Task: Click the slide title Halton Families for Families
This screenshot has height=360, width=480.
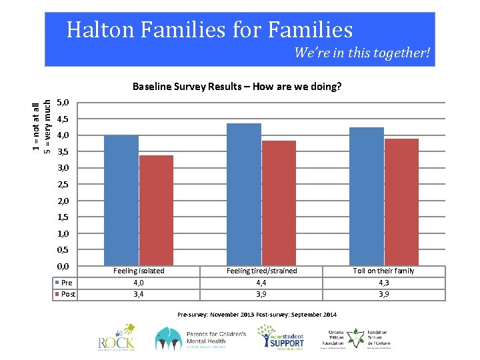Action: [x=209, y=30]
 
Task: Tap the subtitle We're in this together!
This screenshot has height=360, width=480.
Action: [x=362, y=53]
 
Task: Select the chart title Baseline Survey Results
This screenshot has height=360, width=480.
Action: [x=237, y=87]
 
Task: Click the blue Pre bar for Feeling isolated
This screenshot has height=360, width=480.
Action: [x=121, y=200]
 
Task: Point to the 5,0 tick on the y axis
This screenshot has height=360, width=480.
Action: [x=64, y=103]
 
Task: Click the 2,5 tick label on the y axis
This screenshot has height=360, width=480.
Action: [x=64, y=185]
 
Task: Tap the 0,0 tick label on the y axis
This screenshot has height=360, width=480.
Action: [x=64, y=267]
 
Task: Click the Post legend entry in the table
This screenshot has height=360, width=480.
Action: [x=67, y=294]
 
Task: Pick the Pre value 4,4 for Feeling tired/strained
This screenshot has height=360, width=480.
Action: [x=261, y=283]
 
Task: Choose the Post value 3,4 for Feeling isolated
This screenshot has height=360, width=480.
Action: [x=139, y=294]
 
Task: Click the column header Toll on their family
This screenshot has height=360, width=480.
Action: [x=384, y=271]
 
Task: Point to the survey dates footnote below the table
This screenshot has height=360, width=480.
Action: [x=257, y=314]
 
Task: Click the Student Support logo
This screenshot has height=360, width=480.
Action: [x=282, y=339]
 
